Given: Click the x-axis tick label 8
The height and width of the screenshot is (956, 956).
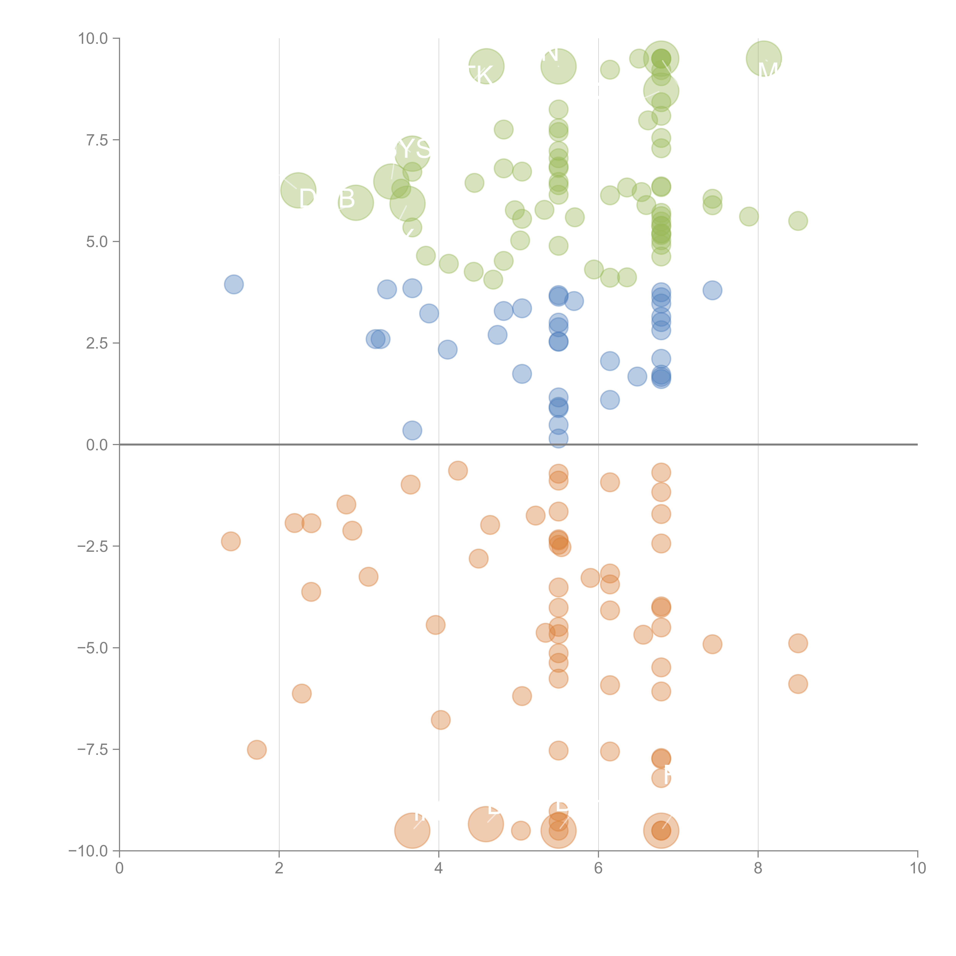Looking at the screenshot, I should (758, 868).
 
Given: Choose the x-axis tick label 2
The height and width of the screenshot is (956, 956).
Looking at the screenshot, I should (279, 868).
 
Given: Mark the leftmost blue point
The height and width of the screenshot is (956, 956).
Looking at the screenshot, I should (234, 285).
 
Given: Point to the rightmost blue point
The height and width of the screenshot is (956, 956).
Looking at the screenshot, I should (712, 290).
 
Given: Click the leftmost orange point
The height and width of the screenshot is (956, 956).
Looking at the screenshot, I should (231, 541).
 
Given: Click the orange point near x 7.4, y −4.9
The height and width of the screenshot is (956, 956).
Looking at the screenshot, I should (712, 644).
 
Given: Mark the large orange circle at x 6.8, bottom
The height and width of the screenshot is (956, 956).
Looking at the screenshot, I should (661, 831).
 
